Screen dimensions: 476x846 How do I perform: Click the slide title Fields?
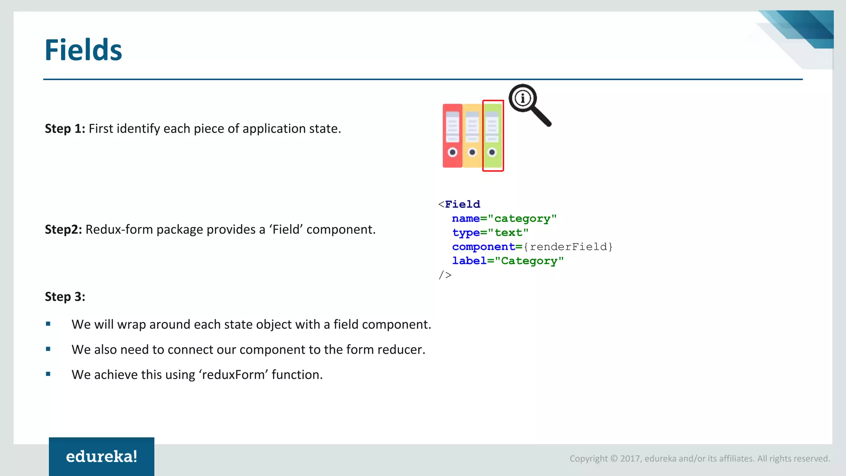click(83, 50)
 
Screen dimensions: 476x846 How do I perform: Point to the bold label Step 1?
click(65, 129)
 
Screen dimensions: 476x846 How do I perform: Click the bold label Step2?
click(63, 229)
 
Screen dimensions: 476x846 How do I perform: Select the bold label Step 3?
click(65, 297)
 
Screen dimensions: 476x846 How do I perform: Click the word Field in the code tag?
click(462, 204)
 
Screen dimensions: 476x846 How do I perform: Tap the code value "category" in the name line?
click(522, 219)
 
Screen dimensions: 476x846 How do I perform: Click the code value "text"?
click(508, 233)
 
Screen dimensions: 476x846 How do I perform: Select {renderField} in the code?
click(568, 247)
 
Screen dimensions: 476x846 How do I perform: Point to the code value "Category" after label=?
click(529, 261)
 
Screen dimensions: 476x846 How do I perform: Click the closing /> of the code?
click(445, 275)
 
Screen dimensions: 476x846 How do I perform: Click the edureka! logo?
click(102, 457)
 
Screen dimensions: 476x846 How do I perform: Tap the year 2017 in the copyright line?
click(630, 459)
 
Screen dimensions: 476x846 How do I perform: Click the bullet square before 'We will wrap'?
click(48, 324)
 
